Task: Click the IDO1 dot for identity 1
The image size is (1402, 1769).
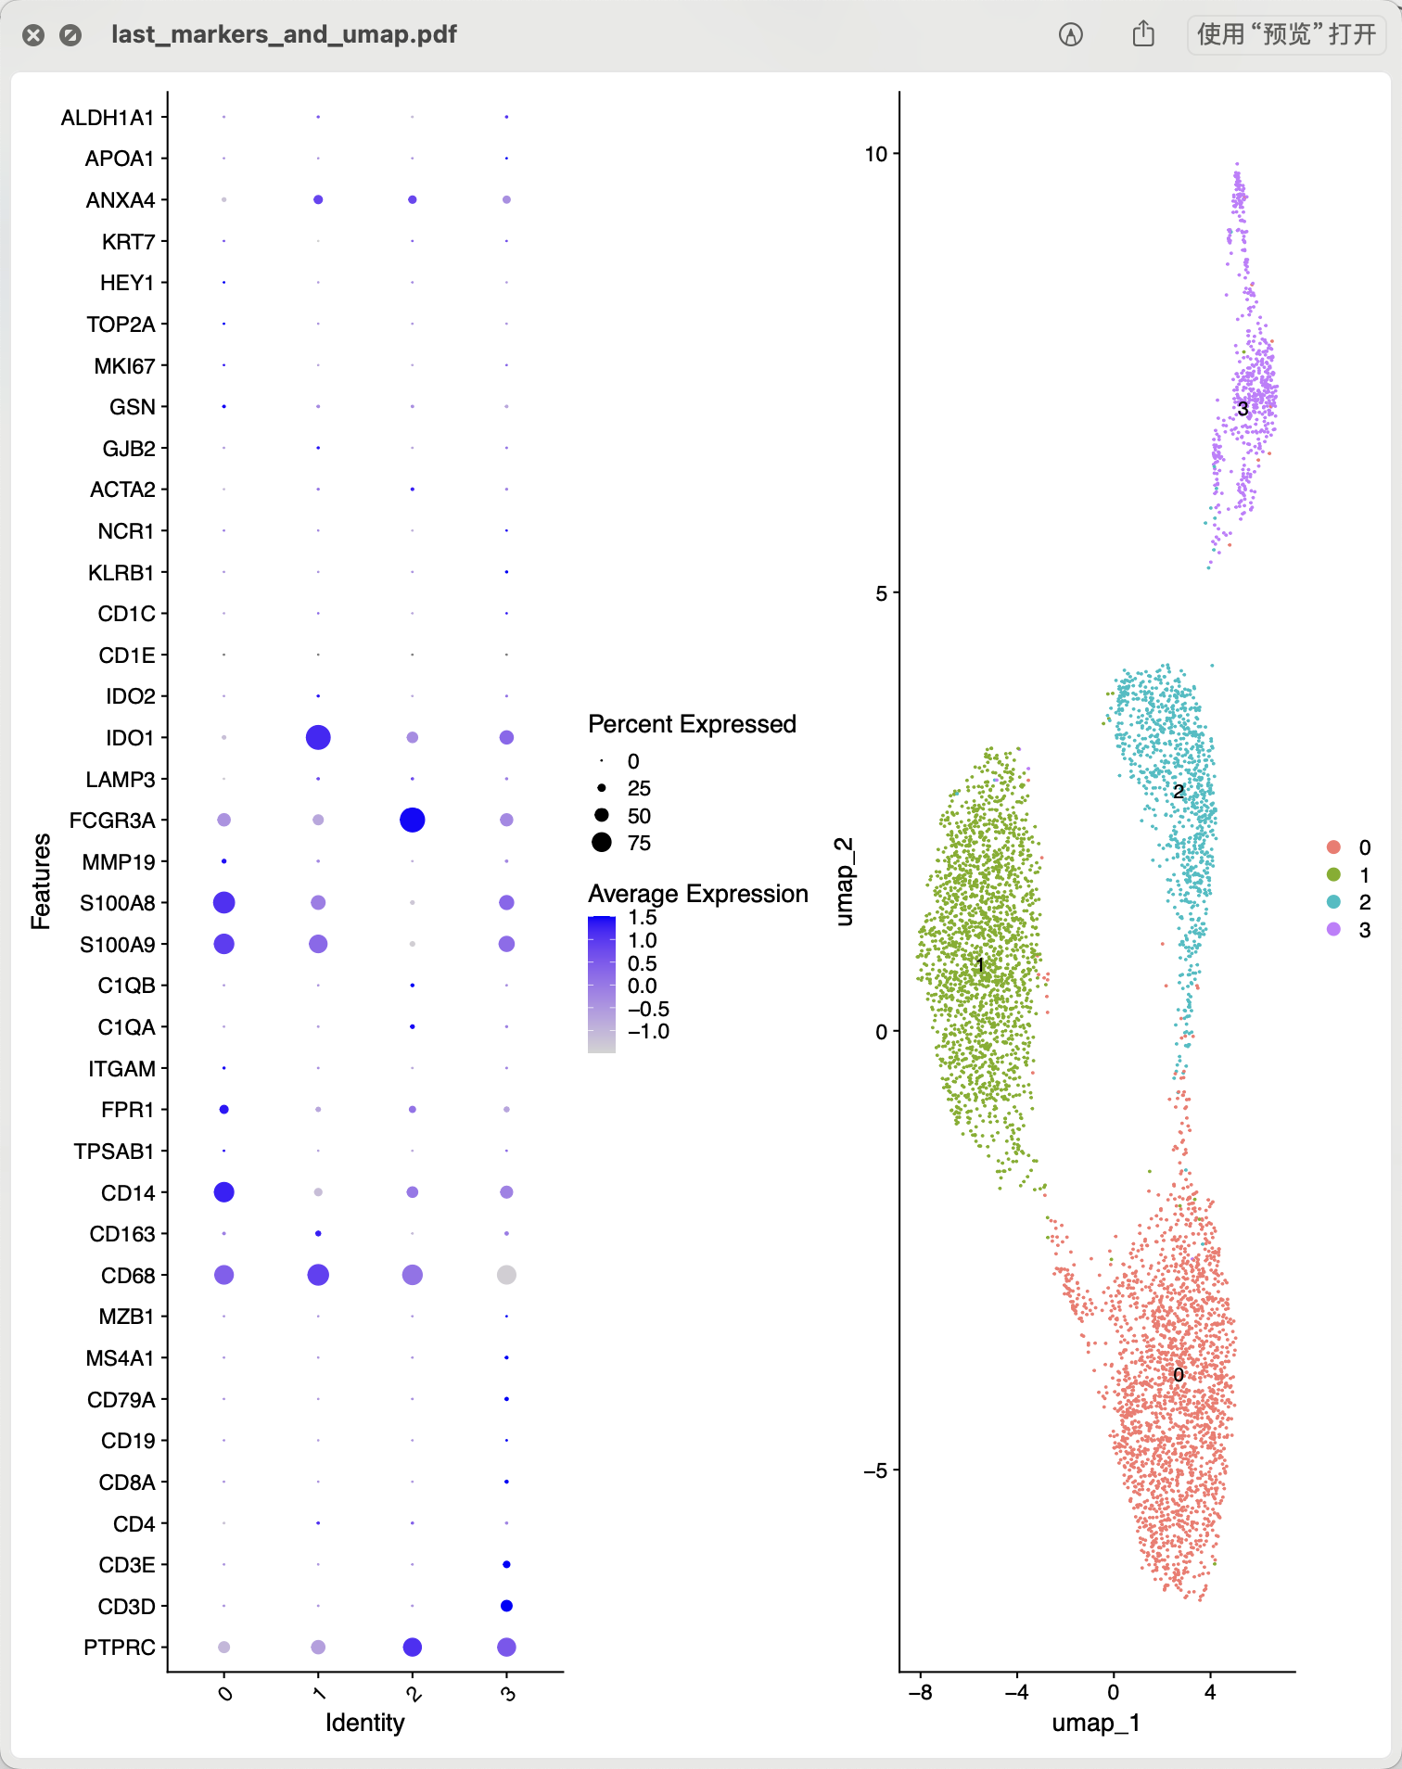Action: point(318,737)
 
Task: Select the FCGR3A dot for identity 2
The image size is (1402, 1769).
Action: point(413,820)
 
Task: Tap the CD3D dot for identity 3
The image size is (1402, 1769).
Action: point(506,1606)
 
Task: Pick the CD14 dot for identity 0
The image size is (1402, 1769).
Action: point(223,1192)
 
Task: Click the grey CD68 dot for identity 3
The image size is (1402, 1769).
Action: point(506,1275)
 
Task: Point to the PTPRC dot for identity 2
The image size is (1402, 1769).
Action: point(413,1647)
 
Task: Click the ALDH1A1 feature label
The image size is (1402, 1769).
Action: point(108,118)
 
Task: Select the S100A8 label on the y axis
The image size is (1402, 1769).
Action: point(117,903)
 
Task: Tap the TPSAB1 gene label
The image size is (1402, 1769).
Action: point(114,1152)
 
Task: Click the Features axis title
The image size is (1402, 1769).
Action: point(41,881)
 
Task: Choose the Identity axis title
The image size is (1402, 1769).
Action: point(364,1723)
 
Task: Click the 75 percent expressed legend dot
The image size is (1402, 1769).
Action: point(602,843)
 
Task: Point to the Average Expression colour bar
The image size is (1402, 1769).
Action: point(602,984)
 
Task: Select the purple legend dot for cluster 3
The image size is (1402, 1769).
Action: point(1333,929)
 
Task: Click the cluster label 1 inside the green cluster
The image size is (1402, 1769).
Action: point(979,965)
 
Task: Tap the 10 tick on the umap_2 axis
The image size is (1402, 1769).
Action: point(875,154)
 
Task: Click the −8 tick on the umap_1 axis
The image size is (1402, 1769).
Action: point(920,1692)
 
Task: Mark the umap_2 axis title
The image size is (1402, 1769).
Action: point(844,881)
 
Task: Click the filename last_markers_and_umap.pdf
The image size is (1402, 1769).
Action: point(284,34)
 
